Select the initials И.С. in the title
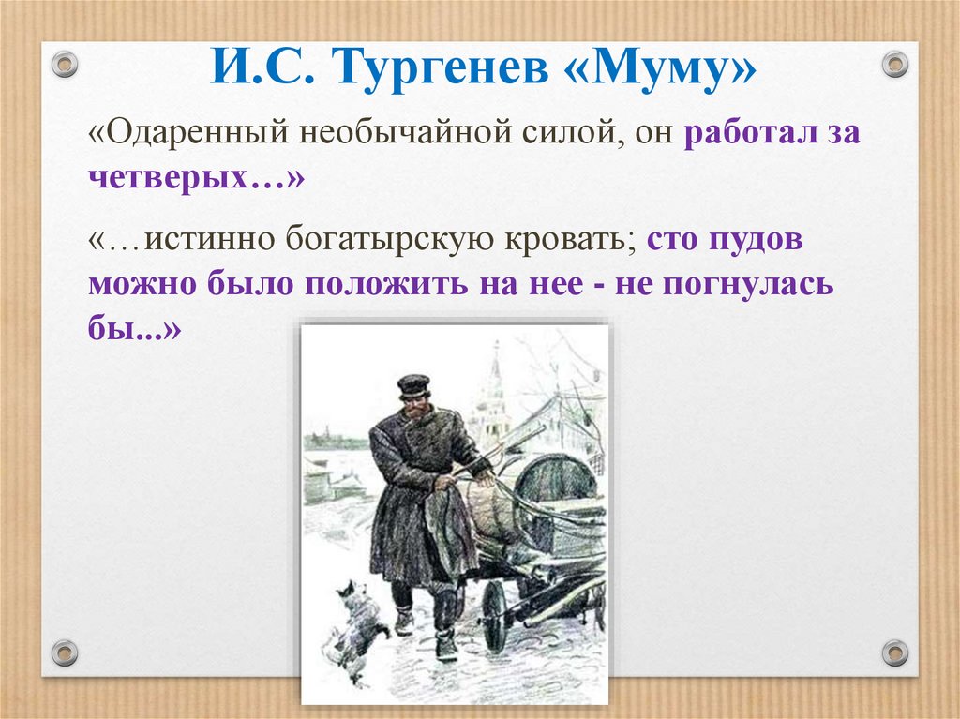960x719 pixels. click(262, 70)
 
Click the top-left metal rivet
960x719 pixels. click(64, 64)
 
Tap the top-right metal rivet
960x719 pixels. click(895, 64)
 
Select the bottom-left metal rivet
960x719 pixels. click(64, 652)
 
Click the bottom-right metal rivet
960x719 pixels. click(895, 652)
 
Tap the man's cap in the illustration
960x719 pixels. click(412, 384)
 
